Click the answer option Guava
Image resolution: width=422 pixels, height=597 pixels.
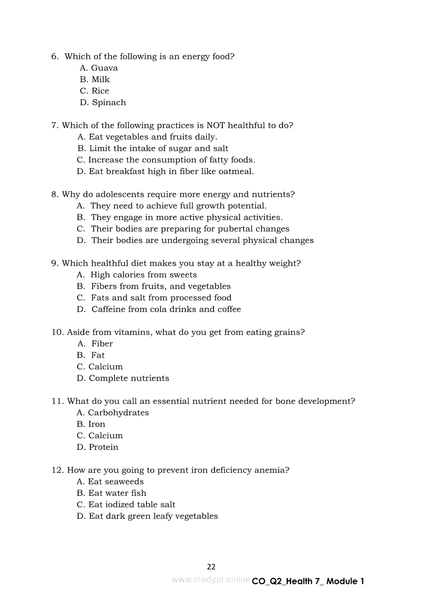(x=99, y=68)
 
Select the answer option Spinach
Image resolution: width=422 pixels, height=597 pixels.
(x=103, y=103)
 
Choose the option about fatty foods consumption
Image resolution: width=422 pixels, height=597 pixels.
(x=166, y=160)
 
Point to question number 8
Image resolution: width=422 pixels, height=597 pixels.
(x=55, y=195)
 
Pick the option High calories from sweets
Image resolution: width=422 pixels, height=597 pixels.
(x=137, y=275)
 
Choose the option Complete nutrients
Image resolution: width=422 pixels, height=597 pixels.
(x=123, y=378)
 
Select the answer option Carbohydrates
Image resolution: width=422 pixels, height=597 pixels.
(x=113, y=413)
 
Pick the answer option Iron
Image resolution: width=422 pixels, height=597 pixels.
(x=91, y=424)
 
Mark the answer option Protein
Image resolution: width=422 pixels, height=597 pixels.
(x=98, y=447)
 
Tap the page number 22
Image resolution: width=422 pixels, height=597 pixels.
(x=211, y=566)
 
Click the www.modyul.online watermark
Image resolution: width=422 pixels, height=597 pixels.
(x=211, y=579)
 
